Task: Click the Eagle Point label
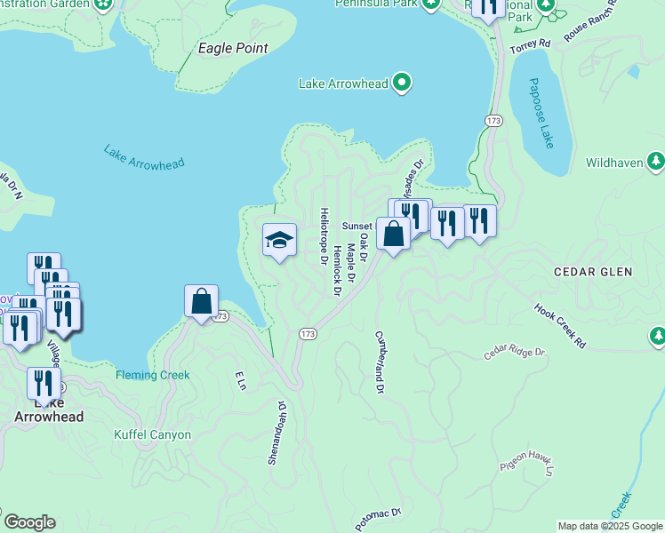(233, 48)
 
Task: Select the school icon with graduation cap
(279, 240)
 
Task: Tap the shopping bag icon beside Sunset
(393, 234)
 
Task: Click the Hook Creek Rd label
(560, 325)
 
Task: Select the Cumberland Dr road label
(380, 362)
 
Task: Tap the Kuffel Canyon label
(153, 435)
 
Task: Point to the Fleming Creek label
(152, 375)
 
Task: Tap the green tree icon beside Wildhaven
(656, 161)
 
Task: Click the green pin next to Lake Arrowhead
(402, 84)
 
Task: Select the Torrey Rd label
(532, 42)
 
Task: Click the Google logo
(29, 522)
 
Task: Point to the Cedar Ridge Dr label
(513, 353)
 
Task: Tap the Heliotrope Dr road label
(324, 232)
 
